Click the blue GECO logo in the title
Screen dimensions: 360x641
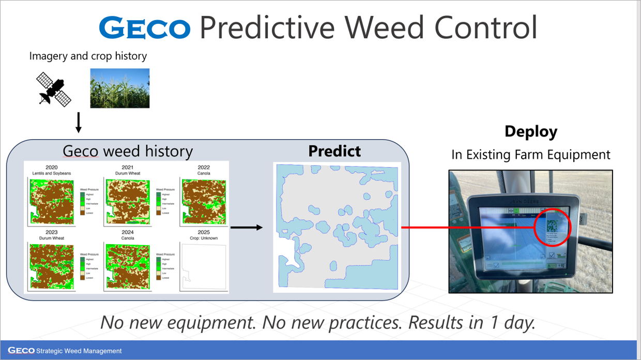144,28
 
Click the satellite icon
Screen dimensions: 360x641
54,89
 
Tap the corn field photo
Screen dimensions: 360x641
120,88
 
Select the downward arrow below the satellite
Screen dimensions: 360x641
79,123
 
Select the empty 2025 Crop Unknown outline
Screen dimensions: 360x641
203,266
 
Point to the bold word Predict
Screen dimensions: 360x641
334,151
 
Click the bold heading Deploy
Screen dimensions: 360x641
531,131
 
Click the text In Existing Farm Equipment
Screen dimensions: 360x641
531,155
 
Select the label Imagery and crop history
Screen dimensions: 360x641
88,56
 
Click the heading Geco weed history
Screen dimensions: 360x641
128,151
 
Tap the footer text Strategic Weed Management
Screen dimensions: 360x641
79,351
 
